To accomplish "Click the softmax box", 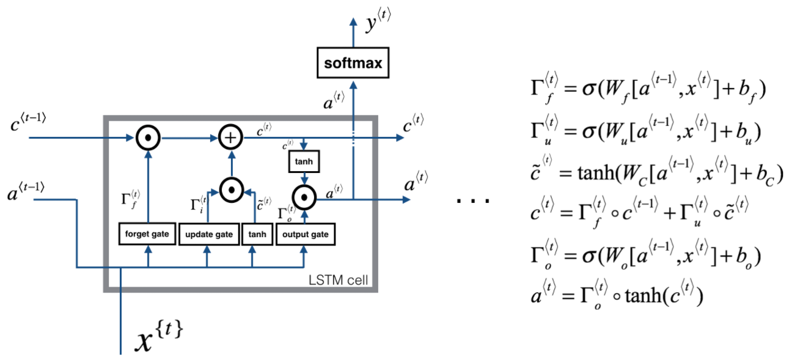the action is coord(353,62).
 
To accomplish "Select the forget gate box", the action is coord(147,233).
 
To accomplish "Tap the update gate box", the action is coord(209,234).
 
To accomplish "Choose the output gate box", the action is coord(306,234).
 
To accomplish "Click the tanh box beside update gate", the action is coord(257,234).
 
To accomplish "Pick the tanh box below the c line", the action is coord(304,161).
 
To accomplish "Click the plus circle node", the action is coord(230,137).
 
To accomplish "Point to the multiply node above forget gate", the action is coord(148,138).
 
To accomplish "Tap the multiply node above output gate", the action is coord(304,197).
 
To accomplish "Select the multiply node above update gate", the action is coord(232,190).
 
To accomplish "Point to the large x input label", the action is coord(159,336).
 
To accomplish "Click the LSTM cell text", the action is coord(338,280).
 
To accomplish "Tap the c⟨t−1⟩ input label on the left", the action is coord(28,122).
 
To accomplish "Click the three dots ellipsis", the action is coord(473,201).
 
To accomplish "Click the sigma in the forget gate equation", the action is coord(589,89).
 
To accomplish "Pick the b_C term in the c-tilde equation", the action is coord(765,175).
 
